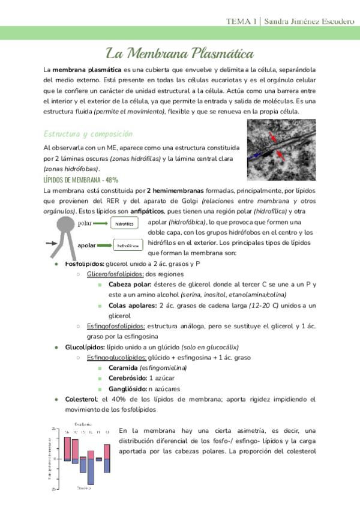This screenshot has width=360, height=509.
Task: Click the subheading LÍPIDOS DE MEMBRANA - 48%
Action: tap(81, 179)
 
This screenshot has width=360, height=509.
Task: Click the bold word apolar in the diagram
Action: tap(87, 245)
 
